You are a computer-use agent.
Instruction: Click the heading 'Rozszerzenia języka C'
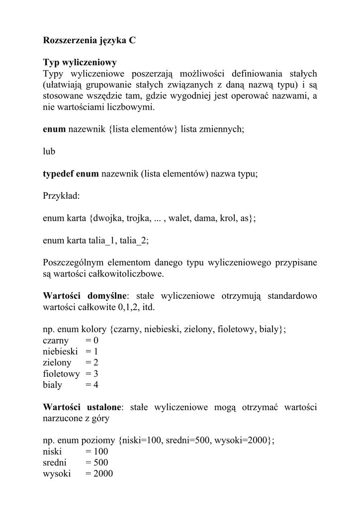tap(89, 41)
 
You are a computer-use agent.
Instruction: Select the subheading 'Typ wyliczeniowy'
tap(80, 63)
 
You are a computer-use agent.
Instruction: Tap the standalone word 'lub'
tap(49, 151)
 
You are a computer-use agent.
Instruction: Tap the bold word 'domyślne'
tap(107, 296)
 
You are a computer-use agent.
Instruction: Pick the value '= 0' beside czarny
tap(92, 340)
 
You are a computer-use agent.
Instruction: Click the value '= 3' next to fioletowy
tap(92, 373)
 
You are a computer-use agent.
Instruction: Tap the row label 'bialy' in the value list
tap(53, 385)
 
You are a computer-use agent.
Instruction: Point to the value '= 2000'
tap(99, 474)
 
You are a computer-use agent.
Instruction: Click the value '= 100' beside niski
tap(96, 451)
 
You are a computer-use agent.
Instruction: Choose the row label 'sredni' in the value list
tap(55, 462)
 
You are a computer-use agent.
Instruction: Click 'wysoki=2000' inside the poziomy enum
tap(242, 440)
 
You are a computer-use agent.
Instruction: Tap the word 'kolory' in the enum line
tap(94, 329)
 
